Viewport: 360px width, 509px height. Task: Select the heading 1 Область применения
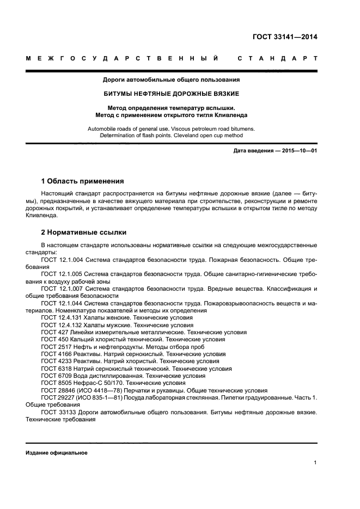(82, 181)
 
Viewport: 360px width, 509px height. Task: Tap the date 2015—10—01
(299, 150)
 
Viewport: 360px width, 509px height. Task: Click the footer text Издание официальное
(56, 453)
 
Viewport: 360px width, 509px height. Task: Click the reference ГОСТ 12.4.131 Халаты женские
(117, 317)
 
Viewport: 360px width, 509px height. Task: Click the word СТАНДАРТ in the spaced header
(278, 58)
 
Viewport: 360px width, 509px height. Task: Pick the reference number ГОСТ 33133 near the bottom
(59, 413)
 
